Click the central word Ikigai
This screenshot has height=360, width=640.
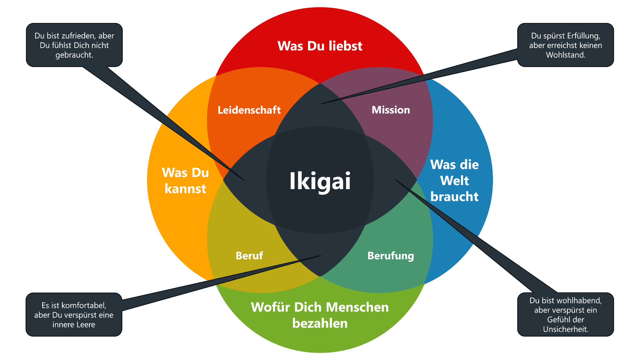pos(320,181)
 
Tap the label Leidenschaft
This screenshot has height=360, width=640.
pos(249,110)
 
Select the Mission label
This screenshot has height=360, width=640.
pos(391,110)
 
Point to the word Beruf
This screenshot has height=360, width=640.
pos(249,256)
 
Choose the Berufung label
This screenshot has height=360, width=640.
pos(391,256)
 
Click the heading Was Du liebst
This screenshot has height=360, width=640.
pos(320,46)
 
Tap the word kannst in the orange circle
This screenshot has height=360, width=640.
pos(185,189)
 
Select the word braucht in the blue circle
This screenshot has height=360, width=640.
pos(454,197)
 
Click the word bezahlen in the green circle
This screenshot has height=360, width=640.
pos(320,323)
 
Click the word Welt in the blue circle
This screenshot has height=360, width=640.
pos(454,181)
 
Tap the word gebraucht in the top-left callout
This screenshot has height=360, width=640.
pos(74,55)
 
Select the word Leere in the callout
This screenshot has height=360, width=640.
pos(85,325)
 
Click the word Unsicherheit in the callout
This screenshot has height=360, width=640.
pos(565,329)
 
